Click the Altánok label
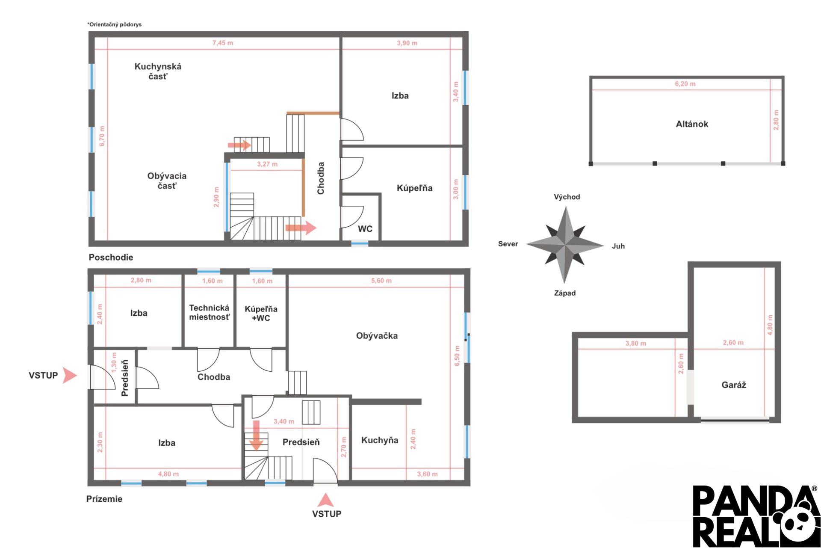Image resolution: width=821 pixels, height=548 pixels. [692, 124]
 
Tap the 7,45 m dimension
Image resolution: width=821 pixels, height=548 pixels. [223, 43]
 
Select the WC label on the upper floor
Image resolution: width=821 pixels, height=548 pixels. [365, 229]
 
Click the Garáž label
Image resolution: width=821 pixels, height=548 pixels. [734, 385]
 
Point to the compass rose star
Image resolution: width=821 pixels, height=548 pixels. [565, 245]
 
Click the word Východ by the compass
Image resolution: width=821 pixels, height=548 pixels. [567, 197]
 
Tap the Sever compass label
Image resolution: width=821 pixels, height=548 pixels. [508, 244]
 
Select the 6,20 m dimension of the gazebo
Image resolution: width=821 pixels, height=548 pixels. [685, 84]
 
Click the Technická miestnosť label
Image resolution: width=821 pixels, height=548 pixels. [210, 312]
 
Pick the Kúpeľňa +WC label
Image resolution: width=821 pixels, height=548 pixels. [261, 314]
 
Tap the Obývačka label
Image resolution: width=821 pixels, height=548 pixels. [377, 336]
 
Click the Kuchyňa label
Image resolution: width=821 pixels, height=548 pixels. [380, 440]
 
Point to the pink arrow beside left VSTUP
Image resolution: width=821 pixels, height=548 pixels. [70, 375]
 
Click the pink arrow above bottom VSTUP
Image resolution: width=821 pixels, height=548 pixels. [325, 500]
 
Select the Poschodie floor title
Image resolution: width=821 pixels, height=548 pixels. [111, 257]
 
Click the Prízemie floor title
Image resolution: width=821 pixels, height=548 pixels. [104, 499]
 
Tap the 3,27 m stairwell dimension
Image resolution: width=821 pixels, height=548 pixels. [267, 164]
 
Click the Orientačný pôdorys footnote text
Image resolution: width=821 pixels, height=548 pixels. [114, 24]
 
